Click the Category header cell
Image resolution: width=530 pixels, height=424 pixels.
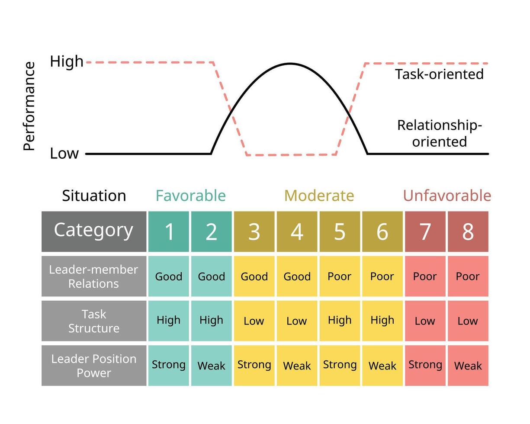click(94, 231)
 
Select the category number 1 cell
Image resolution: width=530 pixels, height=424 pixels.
click(169, 231)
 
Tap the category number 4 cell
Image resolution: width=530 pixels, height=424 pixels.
click(297, 231)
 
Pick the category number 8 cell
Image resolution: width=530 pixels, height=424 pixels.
click(468, 231)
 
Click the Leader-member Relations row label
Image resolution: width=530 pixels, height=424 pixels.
click(94, 276)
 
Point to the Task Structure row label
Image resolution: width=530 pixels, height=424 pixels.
click(94, 321)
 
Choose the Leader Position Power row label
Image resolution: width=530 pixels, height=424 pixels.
click(94, 366)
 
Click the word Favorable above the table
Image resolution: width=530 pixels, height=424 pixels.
click(190, 196)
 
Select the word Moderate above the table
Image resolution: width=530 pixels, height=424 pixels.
click(319, 196)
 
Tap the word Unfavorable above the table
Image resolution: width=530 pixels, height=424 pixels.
click(447, 196)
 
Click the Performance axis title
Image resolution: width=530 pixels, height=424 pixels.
click(29, 106)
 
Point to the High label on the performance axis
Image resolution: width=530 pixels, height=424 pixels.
click(67, 61)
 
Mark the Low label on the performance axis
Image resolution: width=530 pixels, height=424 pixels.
click(64, 153)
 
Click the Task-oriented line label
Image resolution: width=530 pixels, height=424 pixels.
click(439, 74)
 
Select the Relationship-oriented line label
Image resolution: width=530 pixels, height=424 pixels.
click(439, 133)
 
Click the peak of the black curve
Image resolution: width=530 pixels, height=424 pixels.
click(290, 64)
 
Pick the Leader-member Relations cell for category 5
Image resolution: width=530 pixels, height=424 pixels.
click(340, 276)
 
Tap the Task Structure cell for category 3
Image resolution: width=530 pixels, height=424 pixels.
click(254, 321)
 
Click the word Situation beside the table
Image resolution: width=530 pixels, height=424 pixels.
click(94, 196)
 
